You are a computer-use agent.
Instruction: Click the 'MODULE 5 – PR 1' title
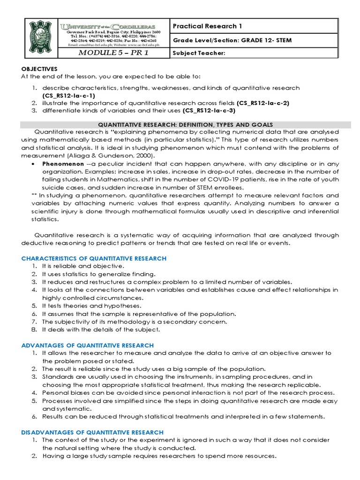113,53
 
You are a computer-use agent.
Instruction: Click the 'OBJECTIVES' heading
38,69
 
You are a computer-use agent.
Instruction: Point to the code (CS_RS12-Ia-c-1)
68,95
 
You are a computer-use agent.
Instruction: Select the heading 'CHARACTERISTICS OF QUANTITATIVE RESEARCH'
94,258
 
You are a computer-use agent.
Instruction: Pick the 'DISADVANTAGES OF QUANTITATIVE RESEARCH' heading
92,432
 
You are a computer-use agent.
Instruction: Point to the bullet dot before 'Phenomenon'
33,165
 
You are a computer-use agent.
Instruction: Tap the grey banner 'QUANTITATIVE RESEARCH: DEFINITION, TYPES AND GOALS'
186,124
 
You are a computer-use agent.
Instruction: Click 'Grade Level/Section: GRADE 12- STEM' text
232,40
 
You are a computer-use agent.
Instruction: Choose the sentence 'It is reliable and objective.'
83,266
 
